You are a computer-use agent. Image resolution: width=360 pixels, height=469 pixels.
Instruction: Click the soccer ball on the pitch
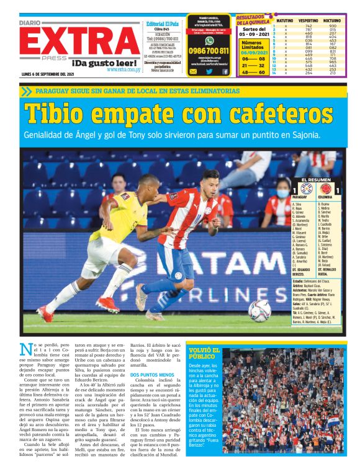pos(259,310)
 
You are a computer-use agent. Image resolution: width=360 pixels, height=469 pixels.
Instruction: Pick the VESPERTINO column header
pos(309,20)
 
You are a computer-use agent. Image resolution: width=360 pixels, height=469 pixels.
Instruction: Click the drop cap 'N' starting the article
pos(25,350)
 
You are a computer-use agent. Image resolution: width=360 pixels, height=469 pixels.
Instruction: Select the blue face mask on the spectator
pos(282,194)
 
